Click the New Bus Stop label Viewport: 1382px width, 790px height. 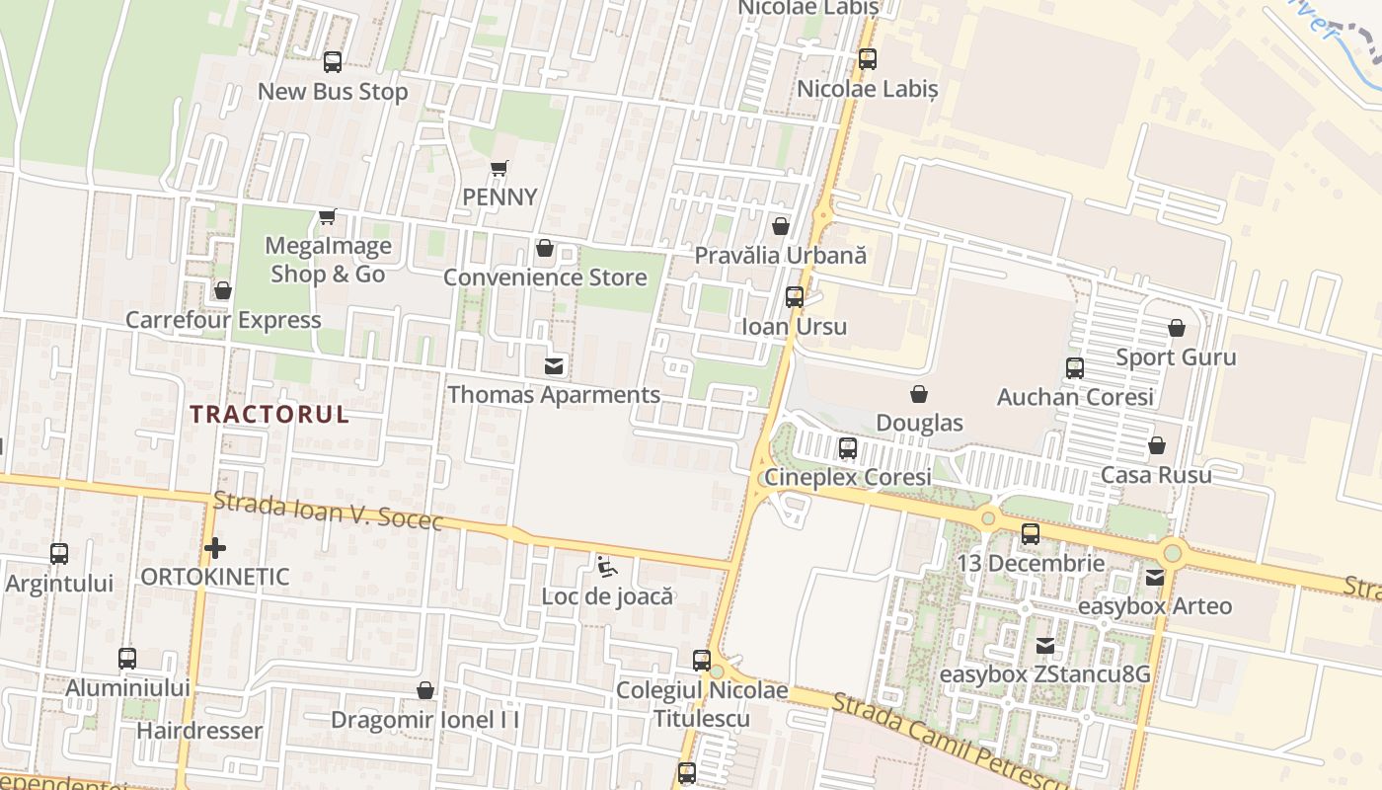coord(333,92)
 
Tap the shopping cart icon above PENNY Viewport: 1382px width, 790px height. coord(499,169)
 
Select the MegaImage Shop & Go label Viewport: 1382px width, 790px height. coord(328,260)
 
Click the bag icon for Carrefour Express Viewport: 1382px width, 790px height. coord(223,291)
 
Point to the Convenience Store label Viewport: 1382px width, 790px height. coord(545,277)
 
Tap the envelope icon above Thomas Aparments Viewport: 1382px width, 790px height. coord(554,366)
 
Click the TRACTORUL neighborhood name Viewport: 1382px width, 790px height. coord(269,414)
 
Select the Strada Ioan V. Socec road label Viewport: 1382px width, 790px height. coord(328,511)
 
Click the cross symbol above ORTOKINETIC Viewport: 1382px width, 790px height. coord(215,548)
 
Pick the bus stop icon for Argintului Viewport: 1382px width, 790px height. coord(59,554)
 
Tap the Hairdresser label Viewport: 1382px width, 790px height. coord(199,731)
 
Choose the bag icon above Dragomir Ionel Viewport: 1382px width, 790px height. coord(425,690)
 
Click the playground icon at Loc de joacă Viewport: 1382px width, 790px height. coord(606,567)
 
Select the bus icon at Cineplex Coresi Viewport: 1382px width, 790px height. coord(848,448)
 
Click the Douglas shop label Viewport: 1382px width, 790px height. coord(919,424)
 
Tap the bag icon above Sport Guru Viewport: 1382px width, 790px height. coord(1176,328)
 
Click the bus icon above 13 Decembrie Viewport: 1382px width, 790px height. coord(1031,534)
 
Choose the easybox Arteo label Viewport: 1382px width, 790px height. coord(1155,606)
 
